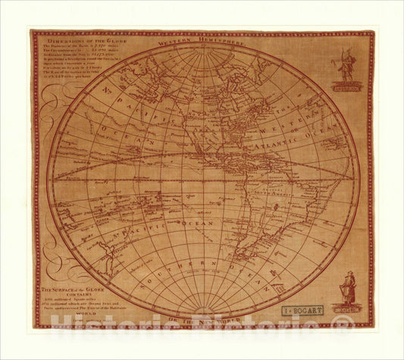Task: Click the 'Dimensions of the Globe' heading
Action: pyautogui.click(x=75, y=39)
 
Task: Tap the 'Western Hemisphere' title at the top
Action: pyautogui.click(x=201, y=44)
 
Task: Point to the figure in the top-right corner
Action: pyautogui.click(x=346, y=64)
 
